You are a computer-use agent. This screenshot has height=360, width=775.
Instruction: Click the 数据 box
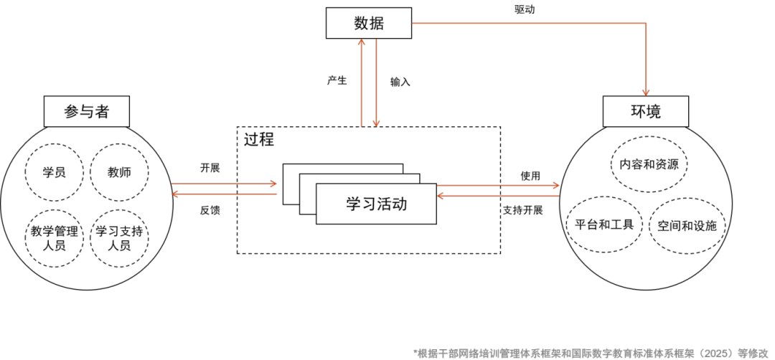tap(368, 23)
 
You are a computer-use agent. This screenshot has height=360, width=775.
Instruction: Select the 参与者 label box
tap(87, 111)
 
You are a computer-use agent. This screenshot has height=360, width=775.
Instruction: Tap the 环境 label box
tap(645, 111)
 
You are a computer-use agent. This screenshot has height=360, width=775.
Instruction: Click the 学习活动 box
tap(376, 204)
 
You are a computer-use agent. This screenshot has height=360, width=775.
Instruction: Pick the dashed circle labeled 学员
tap(55, 172)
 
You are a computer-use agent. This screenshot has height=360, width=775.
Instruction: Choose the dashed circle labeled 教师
tap(119, 172)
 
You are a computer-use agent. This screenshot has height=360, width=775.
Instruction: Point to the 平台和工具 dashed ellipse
tap(604, 224)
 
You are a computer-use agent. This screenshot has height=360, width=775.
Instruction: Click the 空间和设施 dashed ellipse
tap(687, 225)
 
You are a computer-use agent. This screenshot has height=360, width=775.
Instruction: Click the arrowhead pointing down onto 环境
tap(646, 92)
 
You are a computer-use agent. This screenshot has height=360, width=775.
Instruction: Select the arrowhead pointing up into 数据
tap(362, 42)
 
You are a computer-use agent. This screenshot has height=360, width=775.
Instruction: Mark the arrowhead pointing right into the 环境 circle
tap(555, 186)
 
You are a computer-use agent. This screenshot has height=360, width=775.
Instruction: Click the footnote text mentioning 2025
tap(592, 353)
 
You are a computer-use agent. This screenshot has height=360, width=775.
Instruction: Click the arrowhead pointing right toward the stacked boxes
tap(273, 184)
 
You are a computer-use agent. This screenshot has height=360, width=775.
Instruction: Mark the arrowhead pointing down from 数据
tap(375, 123)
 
